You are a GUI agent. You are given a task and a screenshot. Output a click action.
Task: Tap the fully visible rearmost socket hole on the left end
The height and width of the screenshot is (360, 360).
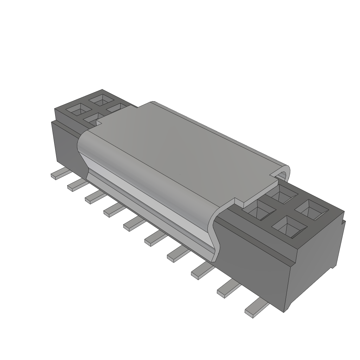click(100, 100)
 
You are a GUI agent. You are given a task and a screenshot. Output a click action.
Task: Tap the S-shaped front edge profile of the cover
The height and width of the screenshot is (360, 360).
click(215, 234)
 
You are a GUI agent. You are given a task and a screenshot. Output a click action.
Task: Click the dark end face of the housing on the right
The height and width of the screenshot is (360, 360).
click(316, 267)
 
